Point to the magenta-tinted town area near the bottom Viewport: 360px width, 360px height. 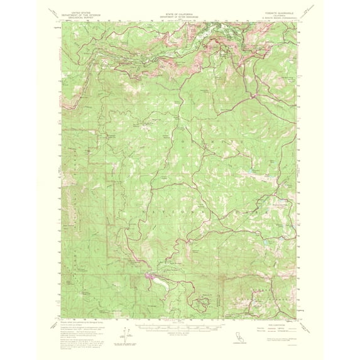tap(152, 276)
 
